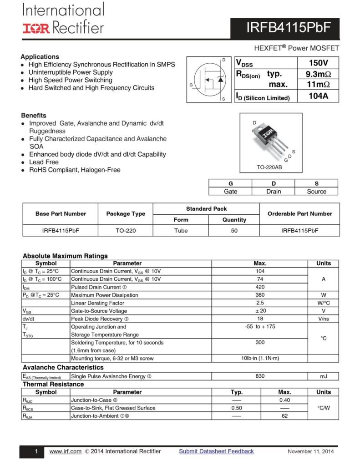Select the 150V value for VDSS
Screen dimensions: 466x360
click(318, 63)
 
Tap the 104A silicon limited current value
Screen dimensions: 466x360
click(318, 96)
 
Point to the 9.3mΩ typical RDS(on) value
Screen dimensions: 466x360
click(318, 74)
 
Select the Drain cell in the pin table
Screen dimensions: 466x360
click(274, 192)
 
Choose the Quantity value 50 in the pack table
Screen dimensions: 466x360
click(234, 231)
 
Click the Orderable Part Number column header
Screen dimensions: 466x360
click(299, 214)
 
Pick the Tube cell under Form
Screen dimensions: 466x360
click(181, 231)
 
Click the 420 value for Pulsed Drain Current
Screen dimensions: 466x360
click(260, 287)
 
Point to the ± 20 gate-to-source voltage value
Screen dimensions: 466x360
click(260, 311)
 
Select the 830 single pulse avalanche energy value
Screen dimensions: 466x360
click(260, 376)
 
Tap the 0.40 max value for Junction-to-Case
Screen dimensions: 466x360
click(284, 400)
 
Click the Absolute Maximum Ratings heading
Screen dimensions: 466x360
click(65, 256)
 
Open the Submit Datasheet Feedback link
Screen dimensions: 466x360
click(216, 451)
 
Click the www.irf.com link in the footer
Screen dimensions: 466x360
click(65, 451)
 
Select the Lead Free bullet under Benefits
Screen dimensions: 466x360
click(44, 162)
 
